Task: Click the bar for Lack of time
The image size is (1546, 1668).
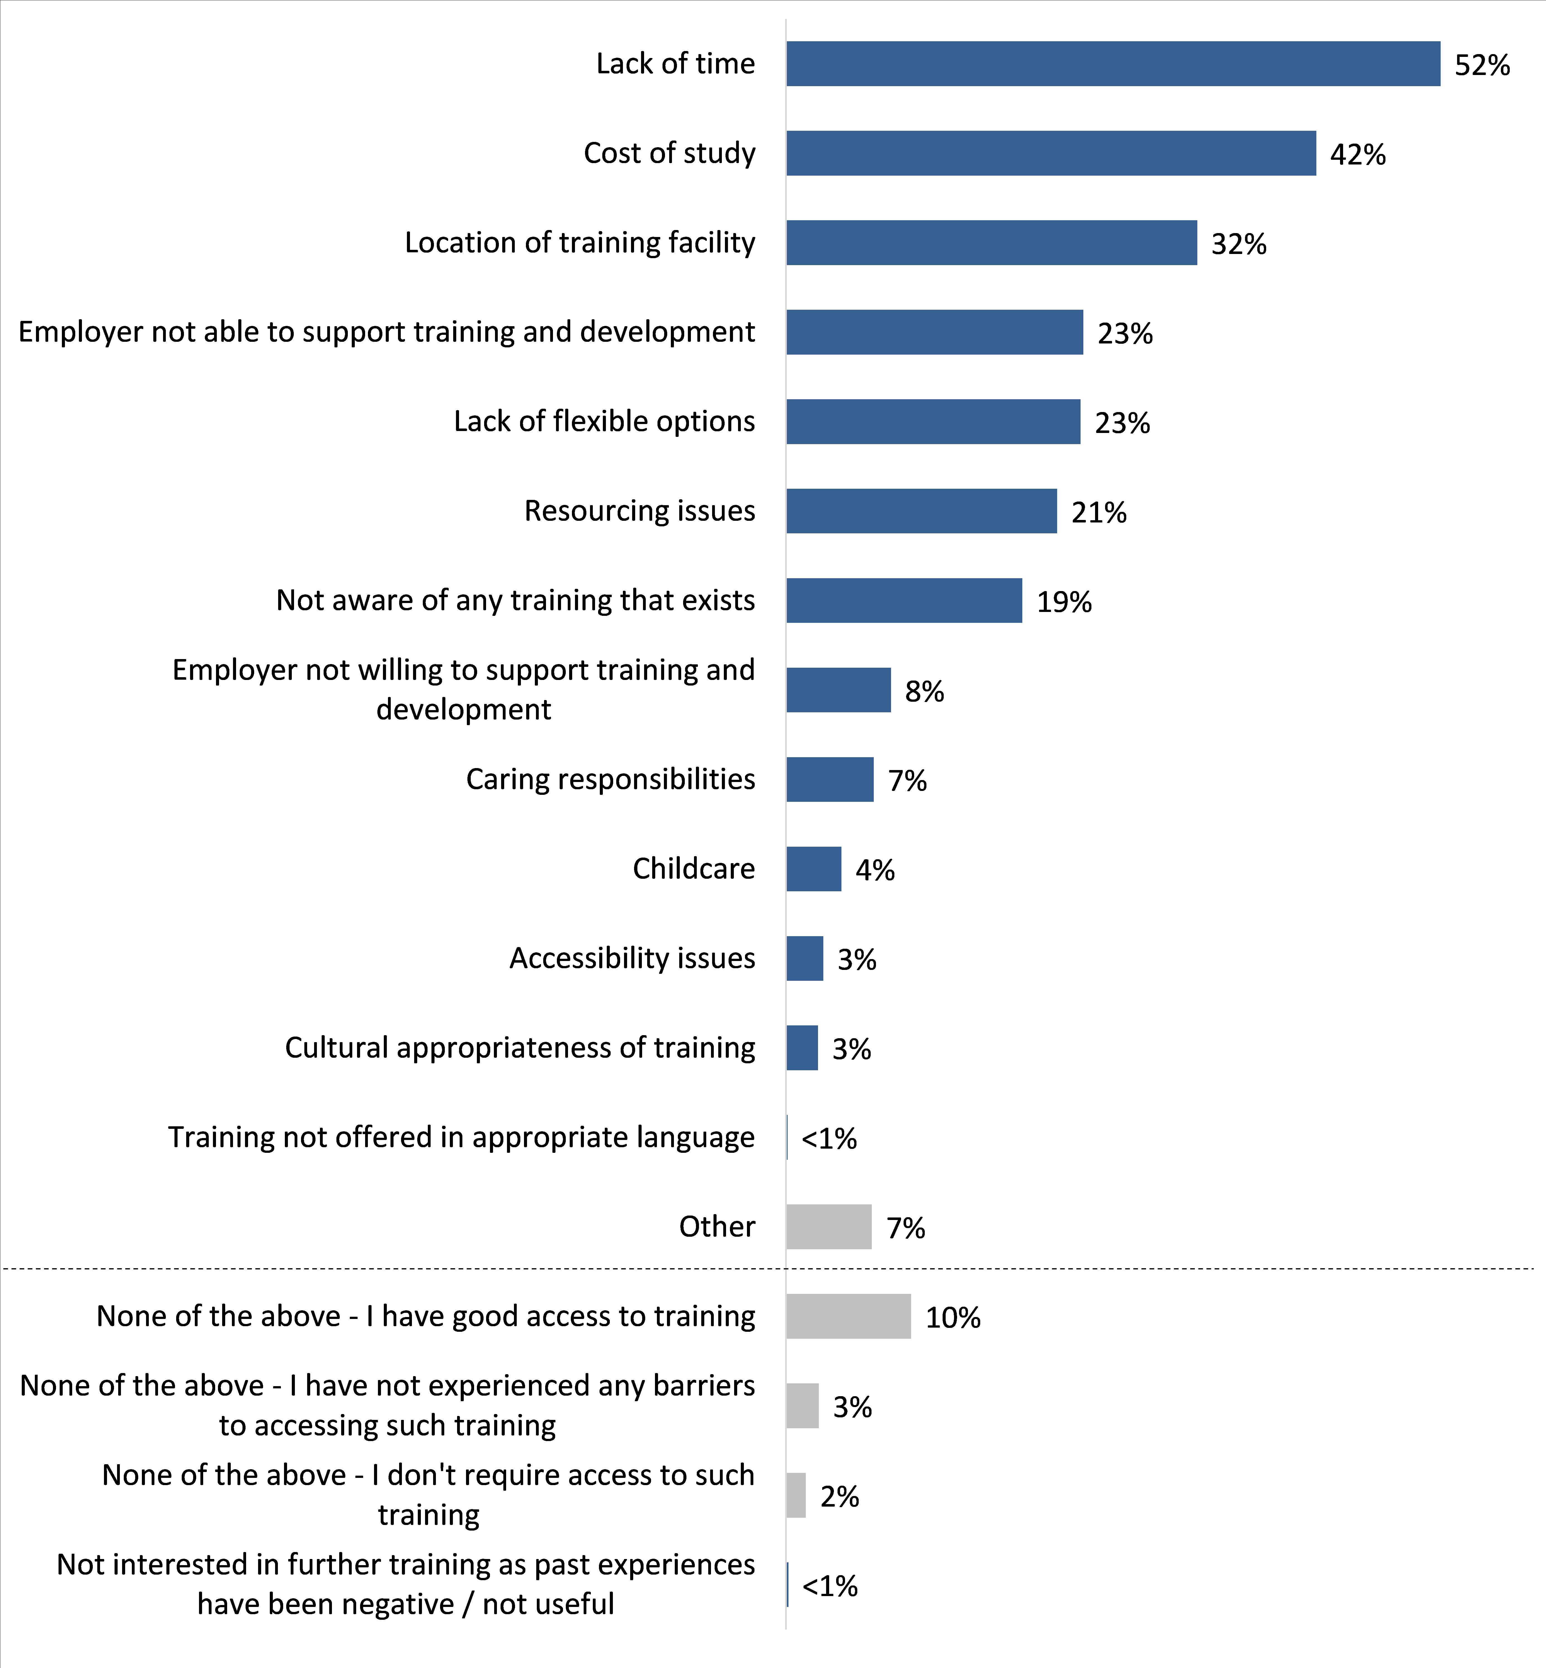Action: coord(1113,64)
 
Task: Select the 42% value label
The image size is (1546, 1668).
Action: coord(1358,155)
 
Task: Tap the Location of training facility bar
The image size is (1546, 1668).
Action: coord(991,243)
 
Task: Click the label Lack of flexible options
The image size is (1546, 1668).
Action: coord(604,421)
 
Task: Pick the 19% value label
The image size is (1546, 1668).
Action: coord(1064,602)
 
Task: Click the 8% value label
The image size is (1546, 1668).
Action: coord(924,691)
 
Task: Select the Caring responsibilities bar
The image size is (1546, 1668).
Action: coord(830,779)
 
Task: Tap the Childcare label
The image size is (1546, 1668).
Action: coord(693,869)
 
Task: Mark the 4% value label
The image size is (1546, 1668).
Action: coord(875,870)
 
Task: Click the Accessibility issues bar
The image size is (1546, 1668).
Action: coord(805,958)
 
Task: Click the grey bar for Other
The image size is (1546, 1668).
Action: coord(828,1227)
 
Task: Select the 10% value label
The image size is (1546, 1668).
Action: coord(953,1318)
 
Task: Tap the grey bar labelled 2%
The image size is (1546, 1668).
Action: coord(796,1496)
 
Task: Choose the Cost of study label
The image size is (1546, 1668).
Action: coord(669,153)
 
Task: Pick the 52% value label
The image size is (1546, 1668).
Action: coord(1482,65)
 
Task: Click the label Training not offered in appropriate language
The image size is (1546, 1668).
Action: coord(461,1137)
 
